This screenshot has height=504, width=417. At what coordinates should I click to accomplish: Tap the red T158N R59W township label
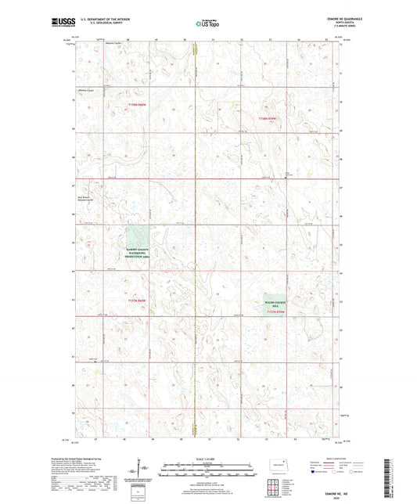tap(268, 118)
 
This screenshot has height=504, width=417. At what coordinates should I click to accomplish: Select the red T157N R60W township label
tap(137, 301)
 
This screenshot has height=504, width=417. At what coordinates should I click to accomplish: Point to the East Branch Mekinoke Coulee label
tap(87, 198)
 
